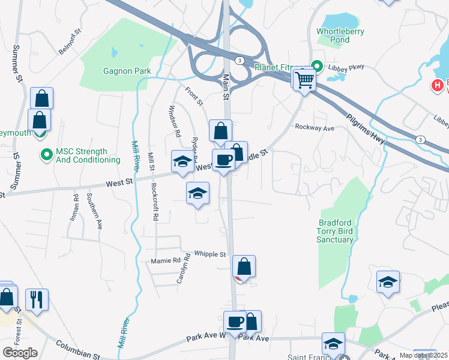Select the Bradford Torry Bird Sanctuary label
click(x=336, y=231)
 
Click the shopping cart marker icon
click(x=305, y=79)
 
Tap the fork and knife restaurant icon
click(x=37, y=299)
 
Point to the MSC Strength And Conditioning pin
click(x=46, y=155)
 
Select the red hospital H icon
click(x=436, y=85)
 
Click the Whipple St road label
click(x=209, y=254)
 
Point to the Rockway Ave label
click(x=314, y=128)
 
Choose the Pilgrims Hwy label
click(x=367, y=131)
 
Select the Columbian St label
click(x=78, y=351)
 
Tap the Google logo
click(x=20, y=353)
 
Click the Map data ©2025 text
click(x=424, y=355)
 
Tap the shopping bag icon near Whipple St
click(x=244, y=266)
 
